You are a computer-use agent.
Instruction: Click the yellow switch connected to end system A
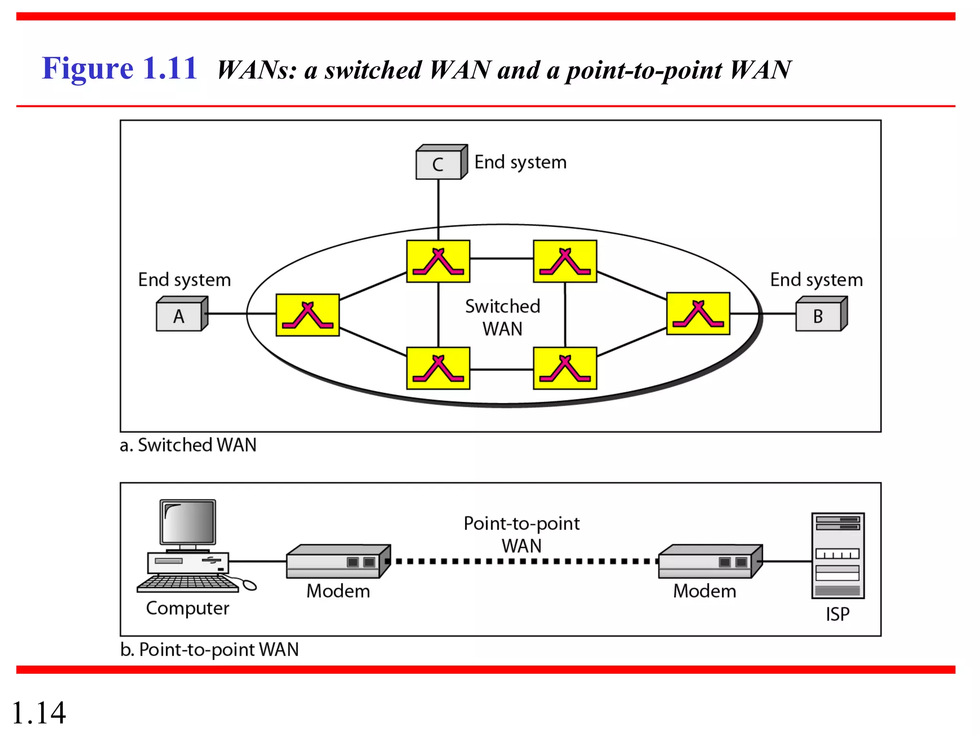click(x=308, y=315)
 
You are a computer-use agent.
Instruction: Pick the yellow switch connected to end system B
click(x=698, y=313)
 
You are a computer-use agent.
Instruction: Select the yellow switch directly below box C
click(x=438, y=261)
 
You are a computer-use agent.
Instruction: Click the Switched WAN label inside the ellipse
click(x=502, y=317)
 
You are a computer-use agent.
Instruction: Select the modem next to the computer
click(x=337, y=562)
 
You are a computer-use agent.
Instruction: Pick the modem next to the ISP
click(x=709, y=562)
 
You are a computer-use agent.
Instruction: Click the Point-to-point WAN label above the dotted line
click(x=522, y=534)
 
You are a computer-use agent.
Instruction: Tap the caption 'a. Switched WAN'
click(x=188, y=445)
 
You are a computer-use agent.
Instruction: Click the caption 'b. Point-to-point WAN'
click(x=210, y=649)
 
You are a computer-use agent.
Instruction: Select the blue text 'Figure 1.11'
click(x=120, y=68)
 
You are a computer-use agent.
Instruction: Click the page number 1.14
click(x=38, y=713)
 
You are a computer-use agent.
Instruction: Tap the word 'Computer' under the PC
click(x=188, y=608)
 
